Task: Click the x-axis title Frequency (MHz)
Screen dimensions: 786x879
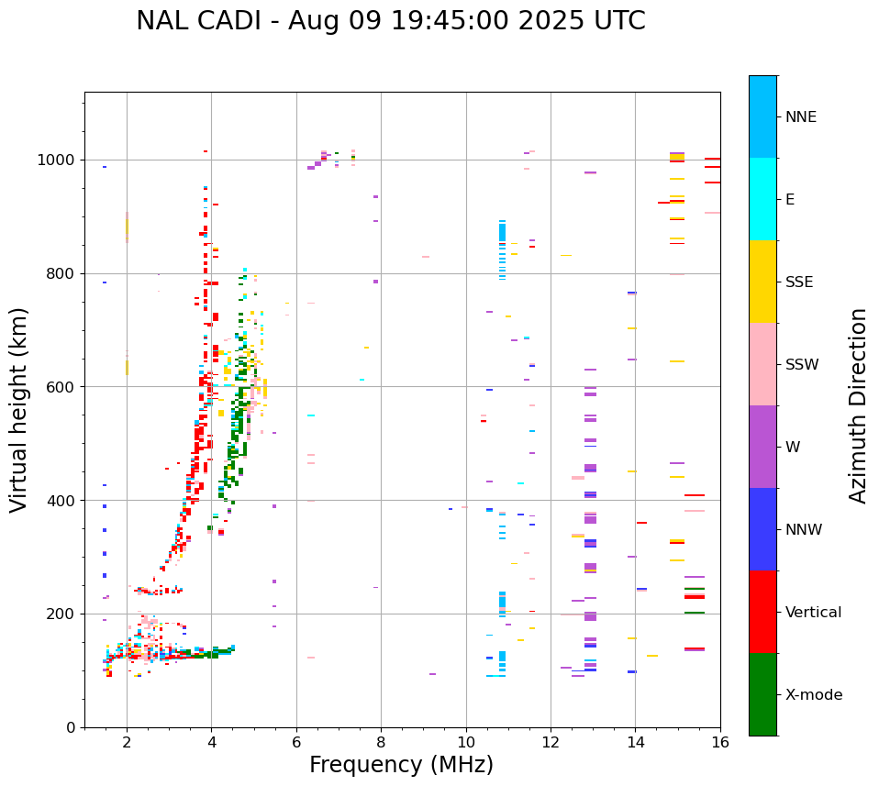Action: (x=401, y=765)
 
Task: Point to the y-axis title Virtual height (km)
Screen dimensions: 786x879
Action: (x=19, y=409)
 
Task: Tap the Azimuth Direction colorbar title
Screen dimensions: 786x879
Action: (x=858, y=405)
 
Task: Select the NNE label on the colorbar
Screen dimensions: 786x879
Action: (x=800, y=117)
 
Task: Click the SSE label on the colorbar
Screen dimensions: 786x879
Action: (x=798, y=282)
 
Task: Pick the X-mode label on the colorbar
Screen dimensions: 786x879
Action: (x=813, y=695)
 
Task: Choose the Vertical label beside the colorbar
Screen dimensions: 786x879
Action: (x=813, y=613)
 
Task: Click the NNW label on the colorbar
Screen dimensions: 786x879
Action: (x=804, y=530)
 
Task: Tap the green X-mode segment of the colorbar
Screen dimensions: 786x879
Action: (x=762, y=694)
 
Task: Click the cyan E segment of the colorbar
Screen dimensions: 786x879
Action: (x=762, y=199)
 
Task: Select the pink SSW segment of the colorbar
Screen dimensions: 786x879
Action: (x=762, y=364)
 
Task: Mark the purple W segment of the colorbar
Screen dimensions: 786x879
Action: (x=762, y=447)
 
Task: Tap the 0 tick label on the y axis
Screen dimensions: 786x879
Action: (x=71, y=727)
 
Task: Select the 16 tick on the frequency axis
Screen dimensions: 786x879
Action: (x=720, y=742)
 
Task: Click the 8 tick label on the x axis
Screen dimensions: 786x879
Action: (x=381, y=742)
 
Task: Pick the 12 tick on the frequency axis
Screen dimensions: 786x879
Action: (x=551, y=742)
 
